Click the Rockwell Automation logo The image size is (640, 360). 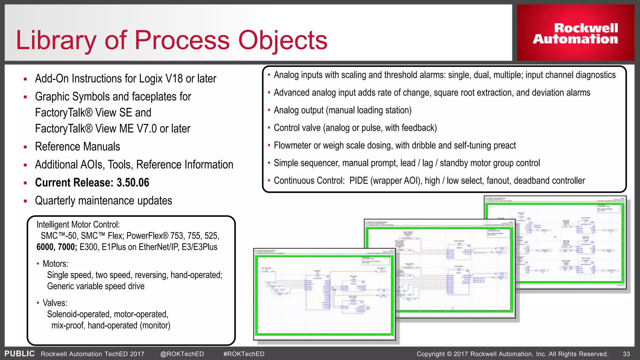point(575,33)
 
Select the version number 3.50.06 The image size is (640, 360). point(133,182)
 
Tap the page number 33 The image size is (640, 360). point(626,354)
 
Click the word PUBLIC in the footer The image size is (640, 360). point(19,353)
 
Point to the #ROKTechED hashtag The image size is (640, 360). point(244,354)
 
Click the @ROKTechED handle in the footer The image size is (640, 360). point(182,354)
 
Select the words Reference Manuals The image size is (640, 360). point(77,147)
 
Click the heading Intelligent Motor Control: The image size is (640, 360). point(78,224)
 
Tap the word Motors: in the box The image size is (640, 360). point(55,264)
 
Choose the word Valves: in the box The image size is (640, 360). point(55,303)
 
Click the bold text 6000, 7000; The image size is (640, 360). point(57,247)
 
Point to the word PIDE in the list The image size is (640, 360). point(358,181)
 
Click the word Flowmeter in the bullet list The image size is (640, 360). point(292,145)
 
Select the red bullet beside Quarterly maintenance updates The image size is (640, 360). point(25,201)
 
